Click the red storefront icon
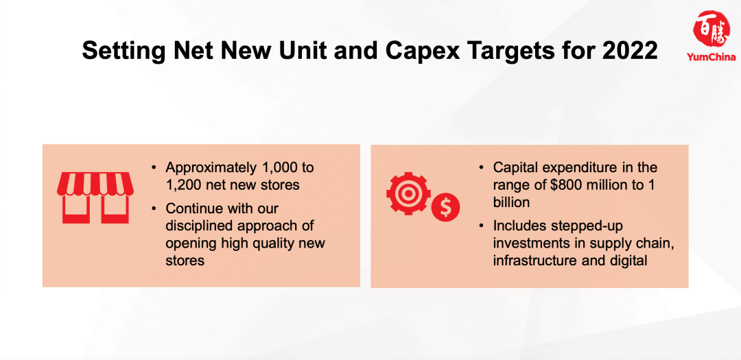click(95, 197)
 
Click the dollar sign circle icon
click(445, 208)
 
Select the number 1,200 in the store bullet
click(184, 184)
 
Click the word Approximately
click(211, 167)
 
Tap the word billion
click(511, 202)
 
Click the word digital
click(626, 261)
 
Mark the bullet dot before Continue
click(154, 208)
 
